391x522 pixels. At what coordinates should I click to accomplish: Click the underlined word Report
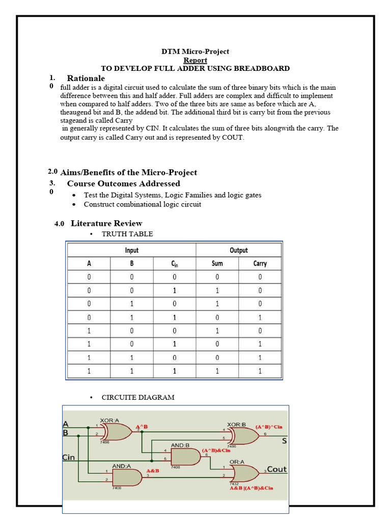195,60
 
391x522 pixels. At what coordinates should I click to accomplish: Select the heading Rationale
86,78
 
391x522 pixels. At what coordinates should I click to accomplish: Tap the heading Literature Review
106,223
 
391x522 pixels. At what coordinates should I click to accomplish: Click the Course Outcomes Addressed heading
123,184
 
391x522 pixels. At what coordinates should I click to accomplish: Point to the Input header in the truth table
131,250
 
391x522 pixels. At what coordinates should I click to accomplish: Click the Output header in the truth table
238,250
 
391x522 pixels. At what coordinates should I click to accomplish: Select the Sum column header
217,264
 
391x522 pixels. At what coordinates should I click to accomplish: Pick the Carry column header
260,264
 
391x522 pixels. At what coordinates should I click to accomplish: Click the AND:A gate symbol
126,477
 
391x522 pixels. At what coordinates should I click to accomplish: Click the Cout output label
277,469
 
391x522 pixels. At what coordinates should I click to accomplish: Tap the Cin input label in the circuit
69,457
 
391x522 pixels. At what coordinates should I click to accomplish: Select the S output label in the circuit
284,441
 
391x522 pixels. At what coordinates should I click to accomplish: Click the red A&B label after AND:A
153,471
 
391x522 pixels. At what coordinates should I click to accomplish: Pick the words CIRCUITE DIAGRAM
138,397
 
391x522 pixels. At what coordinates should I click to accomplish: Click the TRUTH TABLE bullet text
127,234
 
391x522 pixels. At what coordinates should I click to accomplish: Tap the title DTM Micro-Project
195,51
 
